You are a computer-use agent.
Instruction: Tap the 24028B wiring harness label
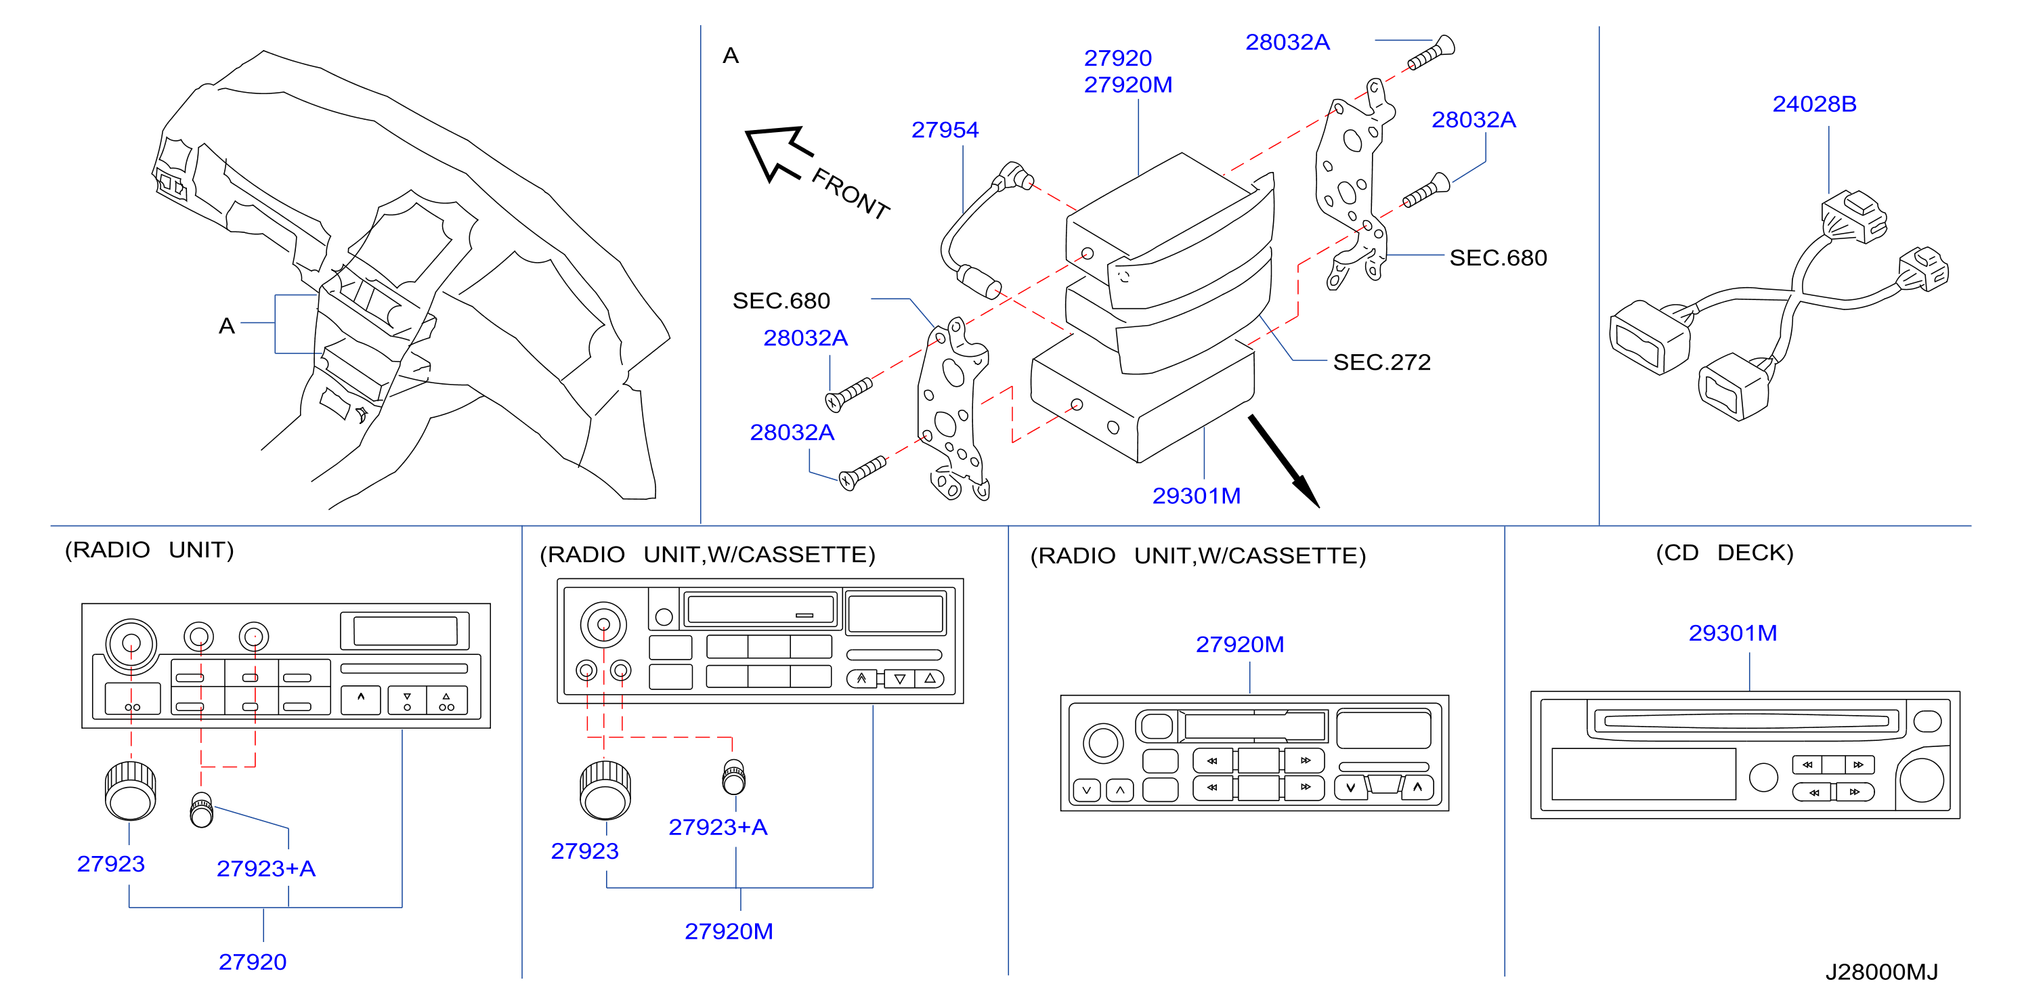pyautogui.click(x=1814, y=104)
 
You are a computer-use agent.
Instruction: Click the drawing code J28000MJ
pyautogui.click(x=1882, y=972)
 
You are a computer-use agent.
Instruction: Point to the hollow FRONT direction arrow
pyautogui.click(x=777, y=153)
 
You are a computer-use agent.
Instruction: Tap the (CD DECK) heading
pyautogui.click(x=1725, y=553)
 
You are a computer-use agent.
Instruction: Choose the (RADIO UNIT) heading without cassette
pyautogui.click(x=149, y=550)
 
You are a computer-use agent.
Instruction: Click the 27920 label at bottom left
pyautogui.click(x=252, y=962)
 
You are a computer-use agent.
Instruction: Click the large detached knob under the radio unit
pyautogui.click(x=130, y=790)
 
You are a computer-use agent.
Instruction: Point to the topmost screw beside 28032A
pyautogui.click(x=1431, y=53)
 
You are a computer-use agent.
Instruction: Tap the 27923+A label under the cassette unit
pyautogui.click(x=717, y=827)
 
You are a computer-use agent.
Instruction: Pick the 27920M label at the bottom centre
pyautogui.click(x=729, y=931)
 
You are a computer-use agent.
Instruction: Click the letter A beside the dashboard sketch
pyautogui.click(x=227, y=326)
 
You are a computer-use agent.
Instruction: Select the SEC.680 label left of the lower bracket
pyautogui.click(x=781, y=301)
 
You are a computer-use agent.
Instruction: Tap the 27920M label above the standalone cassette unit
pyautogui.click(x=1239, y=645)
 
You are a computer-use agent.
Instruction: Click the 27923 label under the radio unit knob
pyautogui.click(x=110, y=863)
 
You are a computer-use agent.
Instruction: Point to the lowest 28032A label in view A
pyautogui.click(x=792, y=433)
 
